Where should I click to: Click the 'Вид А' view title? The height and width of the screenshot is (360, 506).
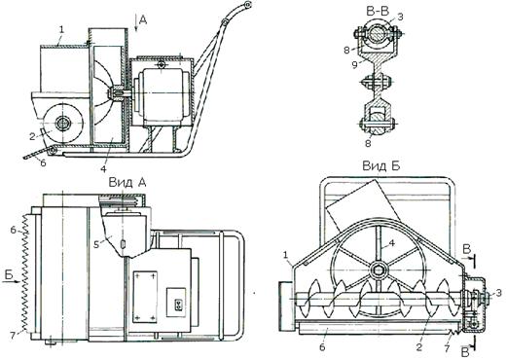127,183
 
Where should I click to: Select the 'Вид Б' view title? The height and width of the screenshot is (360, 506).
381,166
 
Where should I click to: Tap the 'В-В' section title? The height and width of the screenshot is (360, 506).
378,12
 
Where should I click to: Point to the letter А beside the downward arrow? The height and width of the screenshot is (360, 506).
143,20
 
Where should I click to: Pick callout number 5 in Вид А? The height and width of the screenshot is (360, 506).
96,244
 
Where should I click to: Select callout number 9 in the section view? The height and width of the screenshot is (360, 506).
355,65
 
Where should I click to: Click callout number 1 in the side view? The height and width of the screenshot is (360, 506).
61,30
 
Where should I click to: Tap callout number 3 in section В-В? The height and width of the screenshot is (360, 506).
400,17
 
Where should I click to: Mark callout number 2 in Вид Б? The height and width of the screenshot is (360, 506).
419,347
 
